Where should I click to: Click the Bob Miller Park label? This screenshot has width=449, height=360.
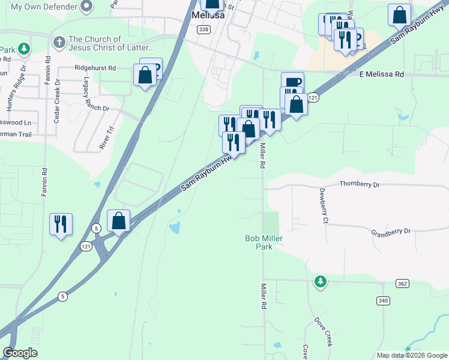pos(263,242)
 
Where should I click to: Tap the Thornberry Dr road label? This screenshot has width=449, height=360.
pos(360,185)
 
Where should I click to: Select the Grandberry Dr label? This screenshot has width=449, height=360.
pos(390,231)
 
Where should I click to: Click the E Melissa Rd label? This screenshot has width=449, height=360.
pos(381,74)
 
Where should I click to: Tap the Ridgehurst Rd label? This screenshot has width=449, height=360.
pos(95,68)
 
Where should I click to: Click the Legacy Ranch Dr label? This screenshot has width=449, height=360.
pos(88,96)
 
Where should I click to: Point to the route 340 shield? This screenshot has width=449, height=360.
pos(384,300)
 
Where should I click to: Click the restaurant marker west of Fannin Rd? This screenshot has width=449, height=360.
pos(61,224)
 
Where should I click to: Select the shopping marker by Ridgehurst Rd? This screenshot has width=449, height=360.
pos(145,76)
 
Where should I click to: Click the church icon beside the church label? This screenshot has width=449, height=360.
pos(58,43)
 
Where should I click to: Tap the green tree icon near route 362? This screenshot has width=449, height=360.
pos(321,281)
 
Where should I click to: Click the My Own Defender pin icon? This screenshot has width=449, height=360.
pos(86,7)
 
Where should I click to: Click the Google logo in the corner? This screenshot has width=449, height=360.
pos(20,353)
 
